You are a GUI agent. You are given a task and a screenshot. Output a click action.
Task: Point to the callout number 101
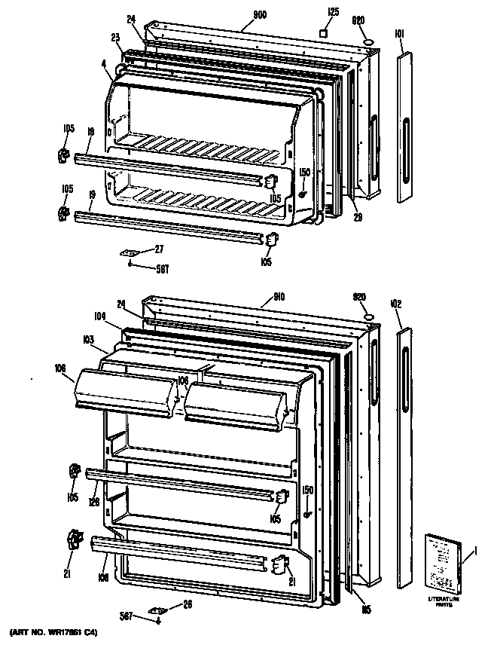[x=399, y=33]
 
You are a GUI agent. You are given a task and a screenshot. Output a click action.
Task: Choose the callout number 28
[x=187, y=604]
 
